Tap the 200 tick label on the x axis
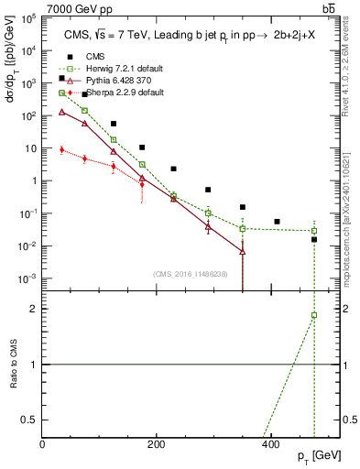[157, 443]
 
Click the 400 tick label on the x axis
[270, 443]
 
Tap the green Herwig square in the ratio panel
[314, 315]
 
